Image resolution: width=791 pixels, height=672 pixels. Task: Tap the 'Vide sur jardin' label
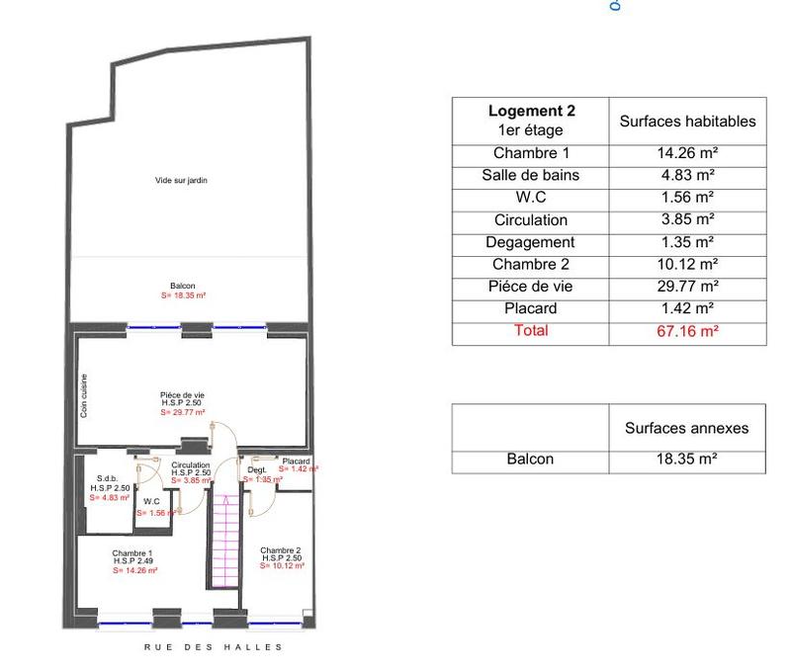[181, 181]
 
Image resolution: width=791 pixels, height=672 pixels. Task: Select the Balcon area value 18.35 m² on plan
[183, 295]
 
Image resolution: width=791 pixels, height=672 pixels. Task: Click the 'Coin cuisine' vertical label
[84, 394]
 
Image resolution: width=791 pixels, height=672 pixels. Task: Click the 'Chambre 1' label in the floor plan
[132, 552]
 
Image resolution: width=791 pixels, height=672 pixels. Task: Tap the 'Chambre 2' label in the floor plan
[280, 549]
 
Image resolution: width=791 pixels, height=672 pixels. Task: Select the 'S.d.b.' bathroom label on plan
[108, 479]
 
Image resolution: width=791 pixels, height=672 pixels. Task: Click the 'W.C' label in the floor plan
[151, 501]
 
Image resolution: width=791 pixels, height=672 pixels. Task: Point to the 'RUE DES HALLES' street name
[214, 647]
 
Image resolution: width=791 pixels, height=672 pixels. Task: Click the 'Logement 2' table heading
[531, 112]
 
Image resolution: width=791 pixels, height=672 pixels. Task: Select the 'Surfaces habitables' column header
[687, 122]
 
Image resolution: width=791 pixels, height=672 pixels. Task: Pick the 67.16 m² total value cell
[687, 332]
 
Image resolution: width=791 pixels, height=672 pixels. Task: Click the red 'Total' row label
[531, 331]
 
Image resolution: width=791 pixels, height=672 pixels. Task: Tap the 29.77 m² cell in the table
[687, 287]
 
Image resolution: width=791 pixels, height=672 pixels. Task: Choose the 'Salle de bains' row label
[531, 176]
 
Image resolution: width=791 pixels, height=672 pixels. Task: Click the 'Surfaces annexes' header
[687, 428]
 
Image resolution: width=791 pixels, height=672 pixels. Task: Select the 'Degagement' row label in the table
[531, 242]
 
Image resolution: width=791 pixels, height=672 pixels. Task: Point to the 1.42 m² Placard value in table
[687, 308]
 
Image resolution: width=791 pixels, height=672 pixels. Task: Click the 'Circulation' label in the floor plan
[190, 464]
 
